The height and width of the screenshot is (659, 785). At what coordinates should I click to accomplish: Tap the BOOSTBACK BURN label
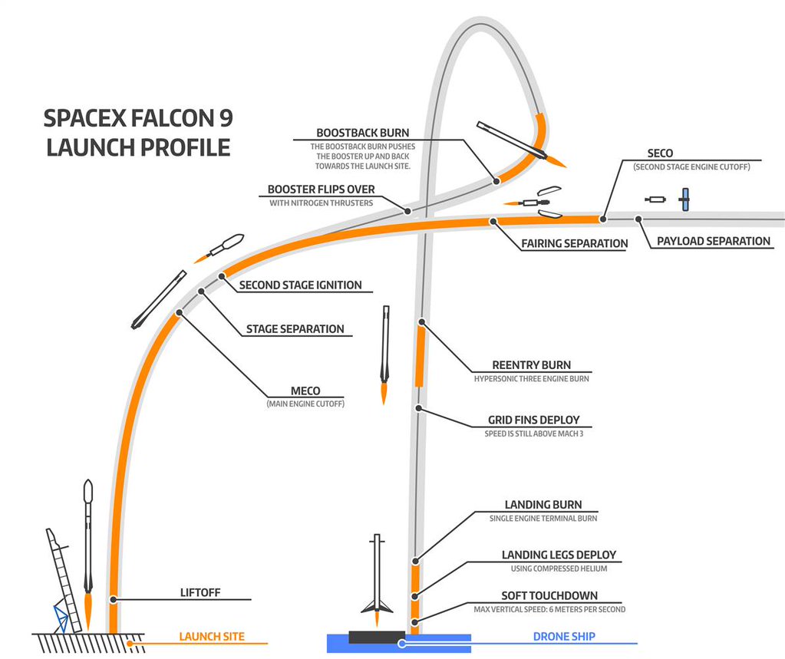coord(363,133)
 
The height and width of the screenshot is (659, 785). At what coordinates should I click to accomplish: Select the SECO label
coord(660,153)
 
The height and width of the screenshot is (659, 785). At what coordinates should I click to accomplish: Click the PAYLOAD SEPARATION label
coord(713,241)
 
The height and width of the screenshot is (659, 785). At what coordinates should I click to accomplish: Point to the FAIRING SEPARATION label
coord(574,243)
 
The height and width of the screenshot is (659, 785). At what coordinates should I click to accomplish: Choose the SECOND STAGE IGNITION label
coord(300,285)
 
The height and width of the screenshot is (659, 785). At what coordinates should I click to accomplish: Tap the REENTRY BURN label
coord(531,365)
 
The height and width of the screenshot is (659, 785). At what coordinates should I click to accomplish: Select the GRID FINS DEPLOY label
coord(533,420)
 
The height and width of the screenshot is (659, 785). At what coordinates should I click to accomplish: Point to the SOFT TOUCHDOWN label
coord(549,595)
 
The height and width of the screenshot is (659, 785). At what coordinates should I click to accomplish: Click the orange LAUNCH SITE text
coord(212,637)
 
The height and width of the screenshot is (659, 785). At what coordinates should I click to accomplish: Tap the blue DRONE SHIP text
coord(564,637)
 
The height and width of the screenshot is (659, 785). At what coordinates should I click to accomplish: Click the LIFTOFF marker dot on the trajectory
coord(113,598)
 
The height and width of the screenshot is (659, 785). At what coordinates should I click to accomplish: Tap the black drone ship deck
coord(377,637)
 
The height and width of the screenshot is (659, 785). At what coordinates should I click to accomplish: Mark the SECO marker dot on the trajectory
coord(603,219)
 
